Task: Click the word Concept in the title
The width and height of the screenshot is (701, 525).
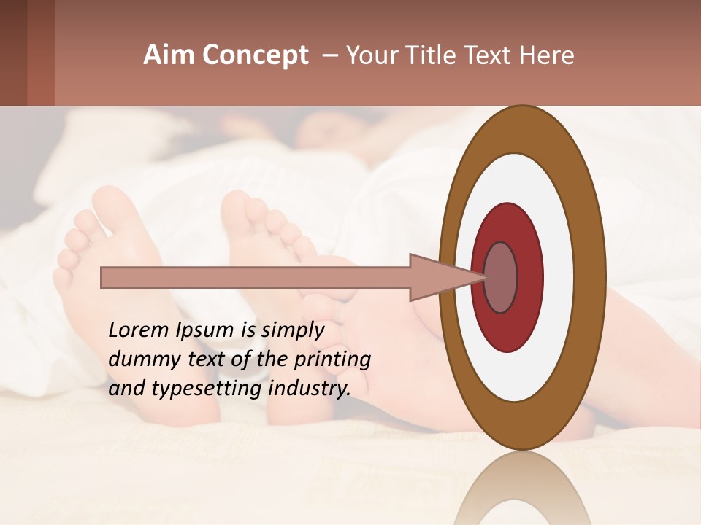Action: (x=256, y=55)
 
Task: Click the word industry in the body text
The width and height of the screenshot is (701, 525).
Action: (x=310, y=388)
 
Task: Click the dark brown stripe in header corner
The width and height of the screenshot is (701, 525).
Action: (x=13, y=52)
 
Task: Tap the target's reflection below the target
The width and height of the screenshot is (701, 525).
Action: (x=522, y=489)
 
